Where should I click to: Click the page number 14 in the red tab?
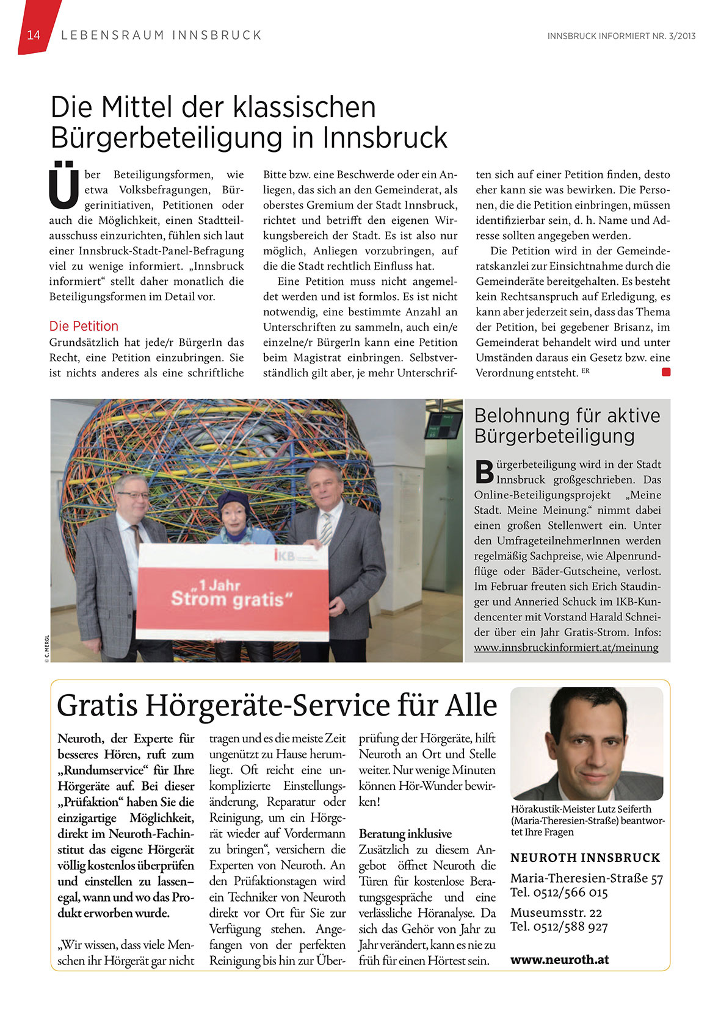34,35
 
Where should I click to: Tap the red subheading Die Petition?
84,326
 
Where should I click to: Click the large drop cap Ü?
64,185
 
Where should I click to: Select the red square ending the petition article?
666,372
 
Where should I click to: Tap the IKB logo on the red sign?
284,556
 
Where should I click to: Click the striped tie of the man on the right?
327,528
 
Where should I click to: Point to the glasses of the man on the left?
132,495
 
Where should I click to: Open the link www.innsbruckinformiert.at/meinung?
566,647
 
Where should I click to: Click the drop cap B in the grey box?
484,471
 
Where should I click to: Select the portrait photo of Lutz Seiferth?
587,743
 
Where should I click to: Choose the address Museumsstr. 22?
556,913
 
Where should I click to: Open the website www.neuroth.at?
559,959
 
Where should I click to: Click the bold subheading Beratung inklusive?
405,834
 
